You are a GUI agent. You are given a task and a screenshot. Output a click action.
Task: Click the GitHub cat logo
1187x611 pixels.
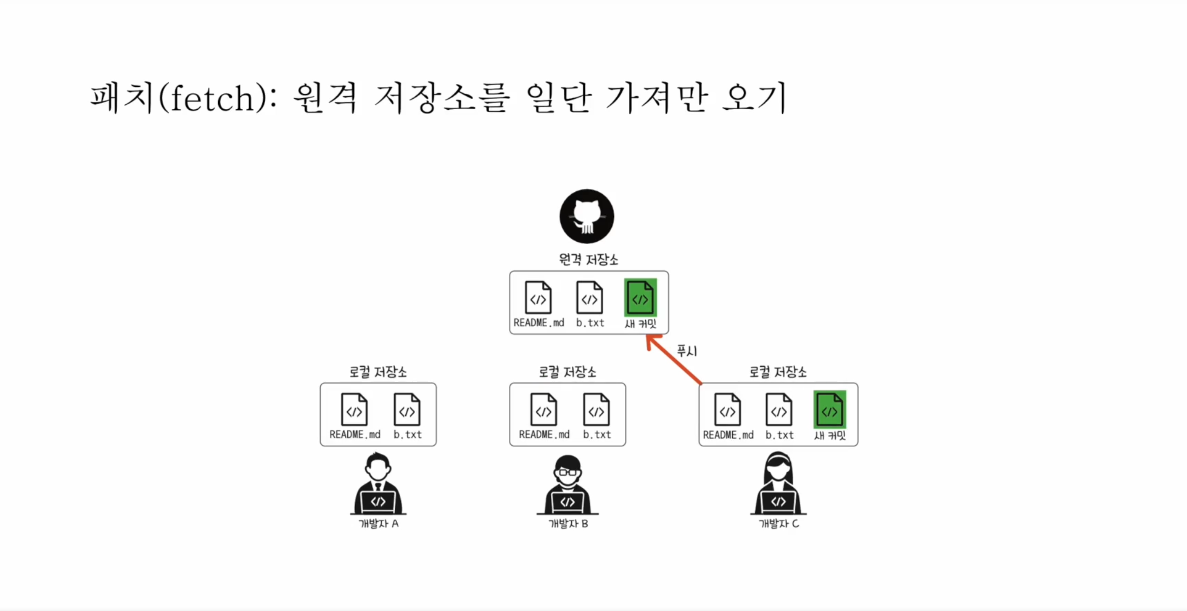pyautogui.click(x=587, y=216)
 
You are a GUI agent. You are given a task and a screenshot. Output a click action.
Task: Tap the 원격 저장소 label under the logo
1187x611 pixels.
pyautogui.click(x=588, y=260)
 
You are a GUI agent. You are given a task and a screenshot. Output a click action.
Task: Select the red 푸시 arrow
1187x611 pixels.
pyautogui.click(x=674, y=360)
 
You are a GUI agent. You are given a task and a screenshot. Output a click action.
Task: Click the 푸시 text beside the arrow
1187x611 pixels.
pyautogui.click(x=687, y=351)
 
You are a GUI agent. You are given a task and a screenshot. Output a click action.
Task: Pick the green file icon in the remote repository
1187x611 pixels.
pyautogui.click(x=640, y=297)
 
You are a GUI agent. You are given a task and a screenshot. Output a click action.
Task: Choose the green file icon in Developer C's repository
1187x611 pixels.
pyautogui.click(x=830, y=409)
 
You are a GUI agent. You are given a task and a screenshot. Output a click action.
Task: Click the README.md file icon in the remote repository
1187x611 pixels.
pyautogui.click(x=538, y=298)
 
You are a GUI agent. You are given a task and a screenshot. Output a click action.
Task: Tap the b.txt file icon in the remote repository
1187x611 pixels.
pyautogui.click(x=590, y=298)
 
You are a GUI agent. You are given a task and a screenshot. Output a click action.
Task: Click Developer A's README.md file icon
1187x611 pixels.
pyautogui.click(x=354, y=409)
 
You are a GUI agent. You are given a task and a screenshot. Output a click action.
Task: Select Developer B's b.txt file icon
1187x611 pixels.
pyautogui.click(x=596, y=409)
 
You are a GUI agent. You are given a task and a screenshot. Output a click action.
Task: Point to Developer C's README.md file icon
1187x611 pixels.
pyautogui.click(x=727, y=409)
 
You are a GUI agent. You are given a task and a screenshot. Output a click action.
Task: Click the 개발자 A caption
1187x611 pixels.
pyautogui.click(x=378, y=524)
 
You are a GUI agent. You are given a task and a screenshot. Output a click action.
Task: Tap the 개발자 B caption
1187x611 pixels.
pyautogui.click(x=568, y=524)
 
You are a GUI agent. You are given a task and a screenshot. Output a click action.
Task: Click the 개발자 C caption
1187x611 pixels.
pyautogui.click(x=779, y=524)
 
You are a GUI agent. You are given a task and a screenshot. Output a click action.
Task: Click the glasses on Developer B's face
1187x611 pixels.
pyautogui.click(x=568, y=472)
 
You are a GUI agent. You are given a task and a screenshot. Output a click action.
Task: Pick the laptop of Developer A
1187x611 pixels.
pyautogui.click(x=378, y=502)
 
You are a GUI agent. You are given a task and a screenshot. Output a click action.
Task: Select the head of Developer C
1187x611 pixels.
pyautogui.click(x=778, y=467)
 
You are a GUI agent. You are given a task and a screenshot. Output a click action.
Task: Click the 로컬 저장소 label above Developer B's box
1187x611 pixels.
pyautogui.click(x=567, y=372)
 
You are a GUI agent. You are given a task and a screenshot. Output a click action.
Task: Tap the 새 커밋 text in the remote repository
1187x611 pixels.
pyautogui.click(x=640, y=323)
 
